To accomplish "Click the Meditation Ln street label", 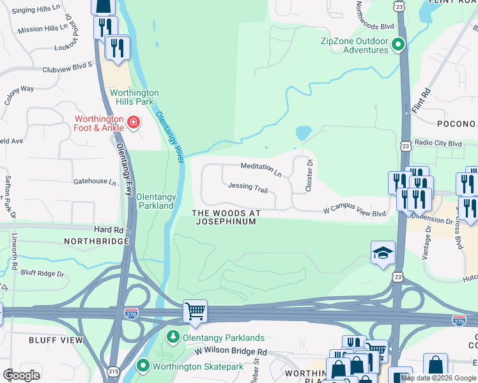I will [261, 169].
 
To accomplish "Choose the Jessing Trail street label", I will [248, 187].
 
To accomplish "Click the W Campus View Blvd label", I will [354, 211].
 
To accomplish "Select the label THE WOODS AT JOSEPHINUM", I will [226, 217].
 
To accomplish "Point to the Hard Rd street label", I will [108, 229].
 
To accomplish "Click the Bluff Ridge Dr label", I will [43, 274].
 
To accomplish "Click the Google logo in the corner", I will [21, 375].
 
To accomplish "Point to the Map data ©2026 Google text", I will [438, 378].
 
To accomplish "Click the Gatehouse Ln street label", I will [95, 182].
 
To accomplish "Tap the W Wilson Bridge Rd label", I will [231, 352].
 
